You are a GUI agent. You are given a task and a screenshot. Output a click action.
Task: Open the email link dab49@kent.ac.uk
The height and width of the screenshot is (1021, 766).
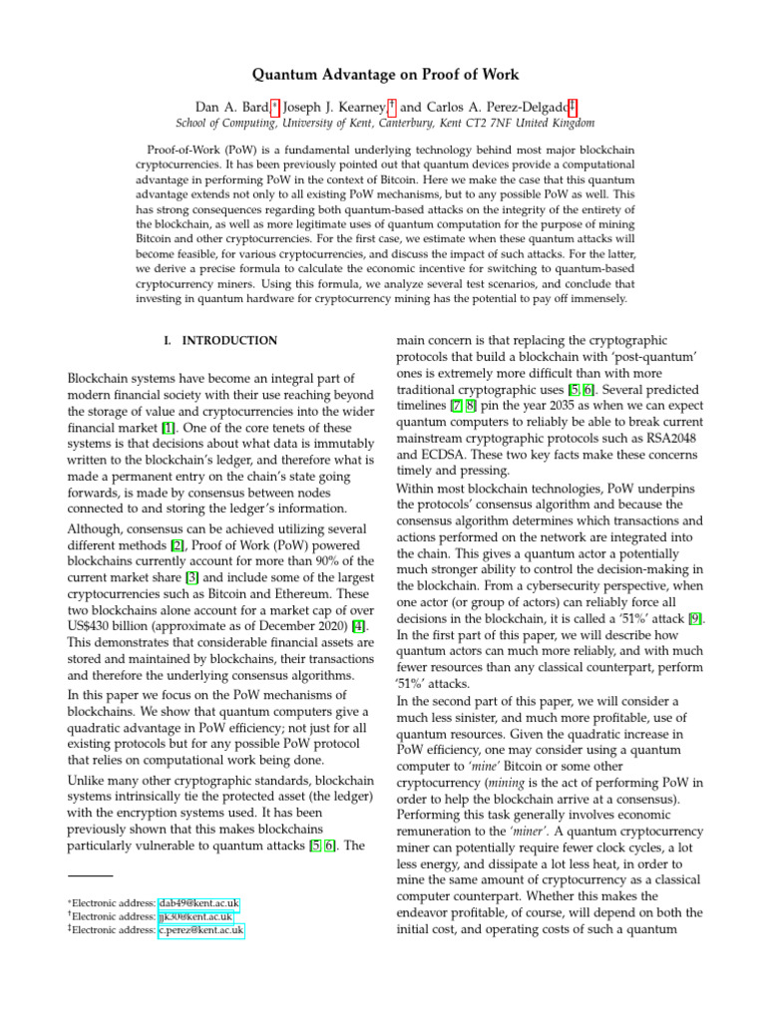(x=199, y=903)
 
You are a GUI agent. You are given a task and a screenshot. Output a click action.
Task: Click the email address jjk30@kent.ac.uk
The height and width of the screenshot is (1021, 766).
(x=195, y=917)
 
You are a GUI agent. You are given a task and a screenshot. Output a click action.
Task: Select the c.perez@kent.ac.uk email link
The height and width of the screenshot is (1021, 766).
(x=200, y=931)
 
